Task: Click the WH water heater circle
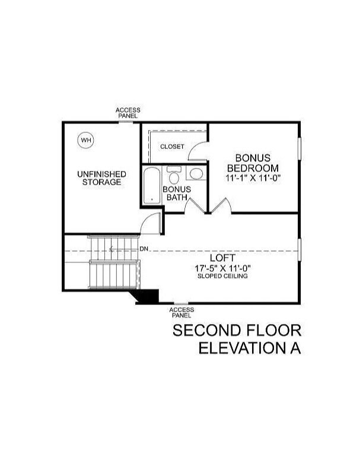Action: tap(87, 140)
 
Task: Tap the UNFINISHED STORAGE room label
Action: tap(101, 178)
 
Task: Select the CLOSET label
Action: tap(172, 147)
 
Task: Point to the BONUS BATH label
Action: tap(177, 193)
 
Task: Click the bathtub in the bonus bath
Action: tap(152, 186)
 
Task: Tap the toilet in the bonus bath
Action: tap(174, 176)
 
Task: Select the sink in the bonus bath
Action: tap(195, 173)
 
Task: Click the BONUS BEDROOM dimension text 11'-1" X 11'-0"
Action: tap(252, 177)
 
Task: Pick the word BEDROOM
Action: tap(253, 168)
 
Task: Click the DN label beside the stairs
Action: tap(144, 249)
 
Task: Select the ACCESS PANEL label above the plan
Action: tap(128, 113)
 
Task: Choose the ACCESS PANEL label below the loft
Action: tap(181, 313)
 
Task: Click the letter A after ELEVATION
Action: tap(294, 348)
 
